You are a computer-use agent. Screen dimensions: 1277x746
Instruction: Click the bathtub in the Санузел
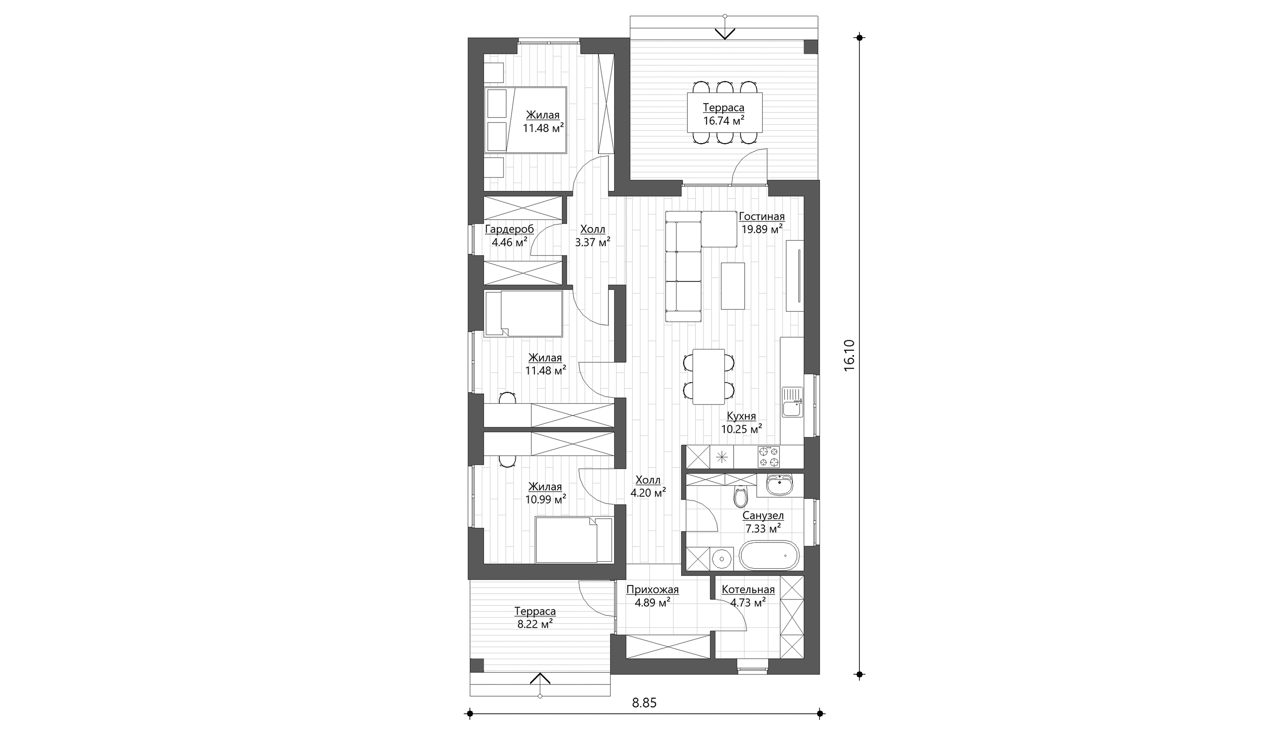(769, 556)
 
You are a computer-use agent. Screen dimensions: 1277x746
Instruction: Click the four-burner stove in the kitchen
(768, 457)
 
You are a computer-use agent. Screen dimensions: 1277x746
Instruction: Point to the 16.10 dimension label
(849, 355)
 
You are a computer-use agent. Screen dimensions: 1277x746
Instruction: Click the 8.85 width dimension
(644, 703)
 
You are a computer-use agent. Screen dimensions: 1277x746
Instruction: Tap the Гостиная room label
(762, 217)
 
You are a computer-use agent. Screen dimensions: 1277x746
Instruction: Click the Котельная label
(748, 590)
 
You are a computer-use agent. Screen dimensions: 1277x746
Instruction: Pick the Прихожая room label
(652, 590)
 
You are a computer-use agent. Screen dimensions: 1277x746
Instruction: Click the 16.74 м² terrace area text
(724, 121)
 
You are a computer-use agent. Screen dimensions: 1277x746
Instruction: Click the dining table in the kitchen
(708, 377)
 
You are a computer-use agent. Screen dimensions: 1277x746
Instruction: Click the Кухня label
(741, 416)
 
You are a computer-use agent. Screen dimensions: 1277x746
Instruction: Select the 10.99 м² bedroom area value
(545, 500)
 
